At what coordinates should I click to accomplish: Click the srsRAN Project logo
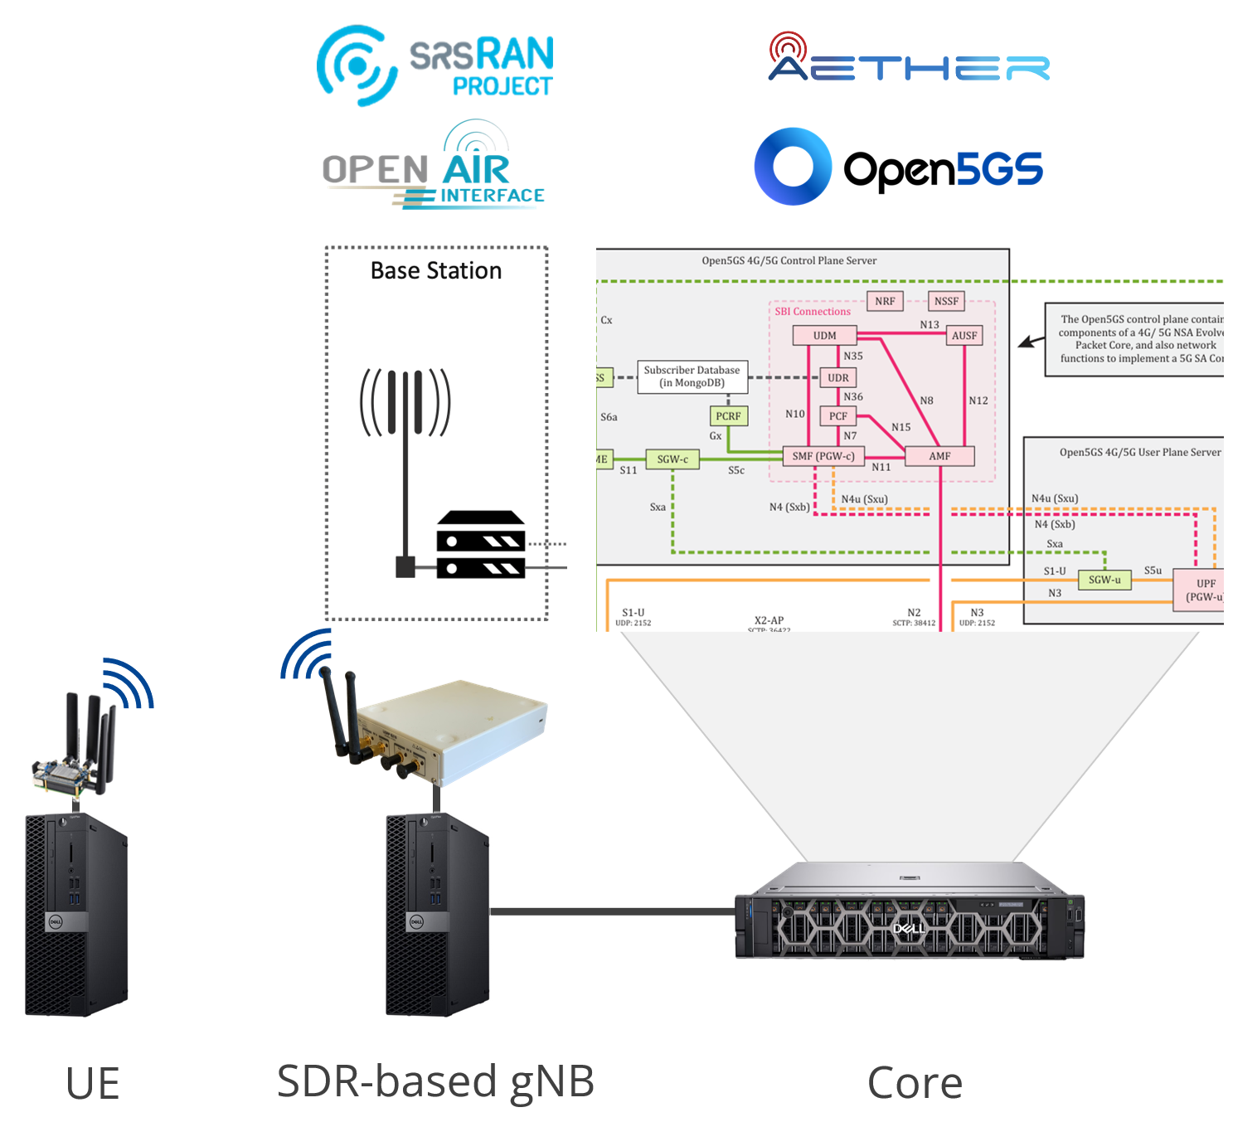pyautogui.click(x=436, y=66)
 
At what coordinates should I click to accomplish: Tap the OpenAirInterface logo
pyautogui.click(x=434, y=170)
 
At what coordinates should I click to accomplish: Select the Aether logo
pyautogui.click(x=909, y=60)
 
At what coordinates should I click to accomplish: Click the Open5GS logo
pyautogui.click(x=898, y=167)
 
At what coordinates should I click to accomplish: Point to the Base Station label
pyautogui.click(x=436, y=271)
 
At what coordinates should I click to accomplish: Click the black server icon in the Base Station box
pyautogui.click(x=481, y=545)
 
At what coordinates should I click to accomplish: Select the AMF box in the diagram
pyautogui.click(x=939, y=456)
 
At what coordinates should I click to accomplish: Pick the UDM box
pyautogui.click(x=824, y=336)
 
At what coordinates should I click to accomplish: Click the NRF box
pyautogui.click(x=885, y=301)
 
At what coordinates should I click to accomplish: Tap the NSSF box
pyautogui.click(x=946, y=301)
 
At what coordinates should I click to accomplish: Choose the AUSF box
pyautogui.click(x=964, y=336)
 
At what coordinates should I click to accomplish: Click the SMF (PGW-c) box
pyautogui.click(x=823, y=456)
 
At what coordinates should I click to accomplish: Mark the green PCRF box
pyautogui.click(x=728, y=416)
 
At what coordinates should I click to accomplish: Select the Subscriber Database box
pyautogui.click(x=692, y=376)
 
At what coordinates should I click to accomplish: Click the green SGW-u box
pyautogui.click(x=1104, y=580)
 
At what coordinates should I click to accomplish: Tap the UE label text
pyautogui.click(x=93, y=1084)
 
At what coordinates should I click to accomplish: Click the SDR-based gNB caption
pyautogui.click(x=435, y=1081)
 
